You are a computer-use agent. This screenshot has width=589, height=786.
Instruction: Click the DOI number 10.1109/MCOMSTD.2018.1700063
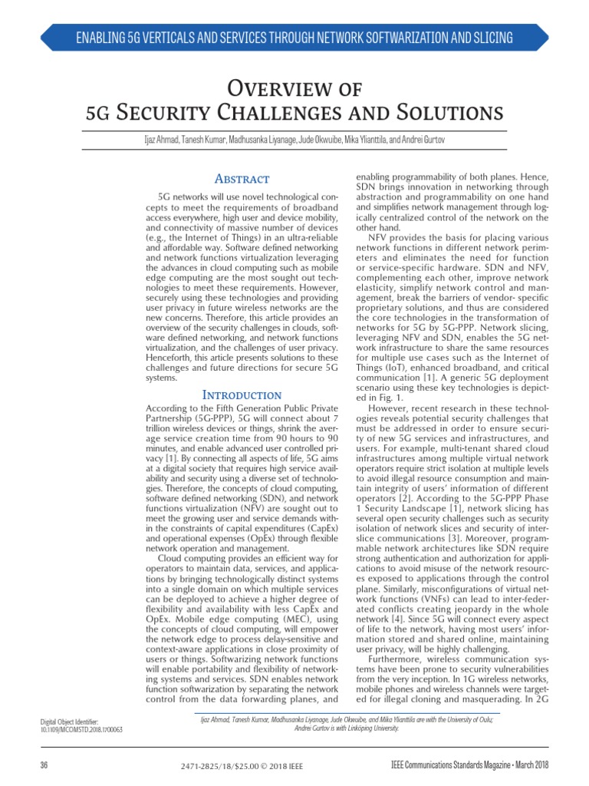tap(81, 728)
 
